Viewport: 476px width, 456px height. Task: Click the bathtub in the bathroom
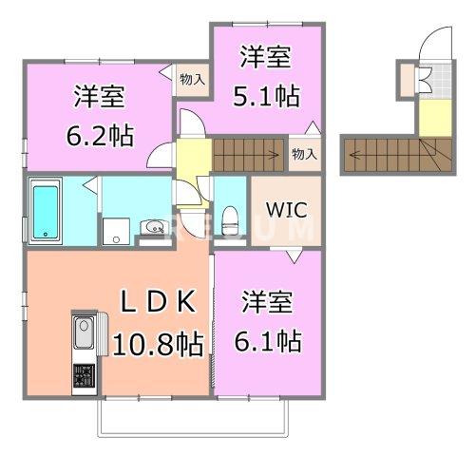[x=46, y=211]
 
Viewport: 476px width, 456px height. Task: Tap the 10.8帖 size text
[x=158, y=342]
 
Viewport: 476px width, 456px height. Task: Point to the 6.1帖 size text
[x=271, y=340]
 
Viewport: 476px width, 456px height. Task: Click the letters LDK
[x=158, y=301]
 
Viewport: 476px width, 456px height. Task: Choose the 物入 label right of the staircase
[x=303, y=153]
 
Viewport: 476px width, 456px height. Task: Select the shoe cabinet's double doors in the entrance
[x=424, y=82]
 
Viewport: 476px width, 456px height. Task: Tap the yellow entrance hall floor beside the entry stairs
[x=431, y=118]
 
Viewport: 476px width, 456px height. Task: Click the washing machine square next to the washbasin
[x=117, y=228]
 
